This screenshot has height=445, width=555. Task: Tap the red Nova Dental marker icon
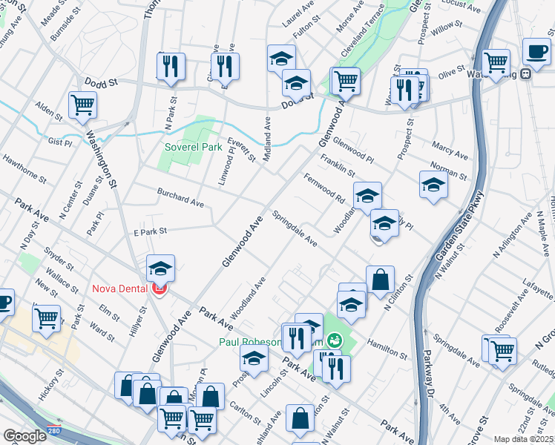point(158,289)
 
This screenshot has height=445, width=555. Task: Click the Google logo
point(24,435)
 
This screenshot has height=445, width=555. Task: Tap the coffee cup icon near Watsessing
point(536,51)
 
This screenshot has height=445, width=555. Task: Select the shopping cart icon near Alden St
point(82,104)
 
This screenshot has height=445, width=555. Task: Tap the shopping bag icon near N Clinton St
point(380,280)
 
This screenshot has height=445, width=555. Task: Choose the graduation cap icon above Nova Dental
point(160,268)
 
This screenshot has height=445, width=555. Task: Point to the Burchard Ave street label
point(180,197)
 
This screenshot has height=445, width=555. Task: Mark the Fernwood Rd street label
point(324,188)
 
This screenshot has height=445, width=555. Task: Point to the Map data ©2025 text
point(523,439)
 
